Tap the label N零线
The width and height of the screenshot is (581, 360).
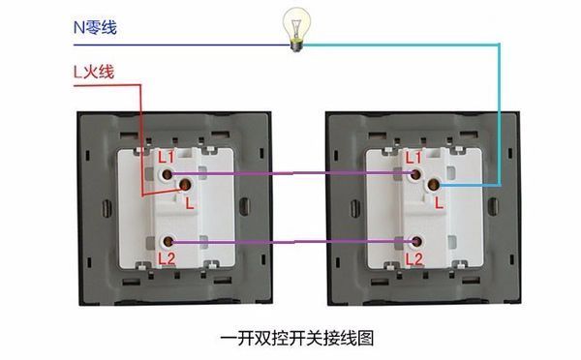tap(95, 26)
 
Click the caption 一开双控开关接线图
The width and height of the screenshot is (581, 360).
tap(290, 338)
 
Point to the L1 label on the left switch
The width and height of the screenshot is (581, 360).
tap(167, 156)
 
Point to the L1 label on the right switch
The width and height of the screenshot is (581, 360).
tap(413, 155)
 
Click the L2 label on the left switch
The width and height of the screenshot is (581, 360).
tap(168, 258)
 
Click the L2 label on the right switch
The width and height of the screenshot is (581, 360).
tap(413, 258)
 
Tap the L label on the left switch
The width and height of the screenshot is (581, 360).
tap(191, 203)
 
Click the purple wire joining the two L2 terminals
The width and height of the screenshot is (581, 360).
tap(290, 241)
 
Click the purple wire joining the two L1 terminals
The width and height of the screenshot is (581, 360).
tap(290, 174)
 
